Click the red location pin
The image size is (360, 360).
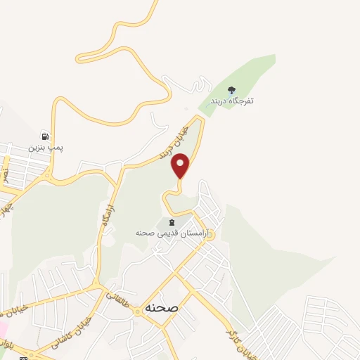(x=181, y=166)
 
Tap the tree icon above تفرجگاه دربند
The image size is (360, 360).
(x=233, y=89)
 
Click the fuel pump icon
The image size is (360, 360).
(x=46, y=136)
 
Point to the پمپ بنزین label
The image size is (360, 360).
(x=46, y=148)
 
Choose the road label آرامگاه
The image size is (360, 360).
(x=107, y=212)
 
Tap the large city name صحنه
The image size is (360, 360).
(x=162, y=308)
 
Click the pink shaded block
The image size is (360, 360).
(x=4, y=330)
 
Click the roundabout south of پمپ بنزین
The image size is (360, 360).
(x=48, y=174)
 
